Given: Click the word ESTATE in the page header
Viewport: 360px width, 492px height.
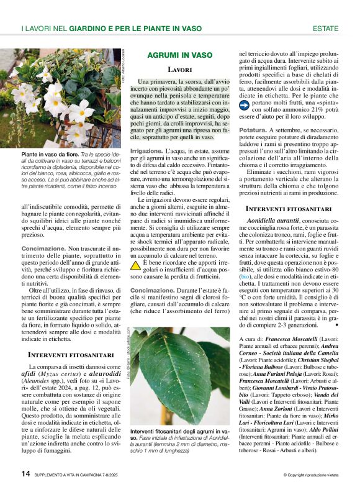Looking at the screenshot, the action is click(x=325, y=29).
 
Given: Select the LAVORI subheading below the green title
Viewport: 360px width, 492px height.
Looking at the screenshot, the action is click(x=180, y=70).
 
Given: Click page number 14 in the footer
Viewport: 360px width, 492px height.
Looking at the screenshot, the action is click(x=25, y=473).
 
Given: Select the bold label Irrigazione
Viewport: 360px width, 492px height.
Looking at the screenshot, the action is click(x=147, y=151).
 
